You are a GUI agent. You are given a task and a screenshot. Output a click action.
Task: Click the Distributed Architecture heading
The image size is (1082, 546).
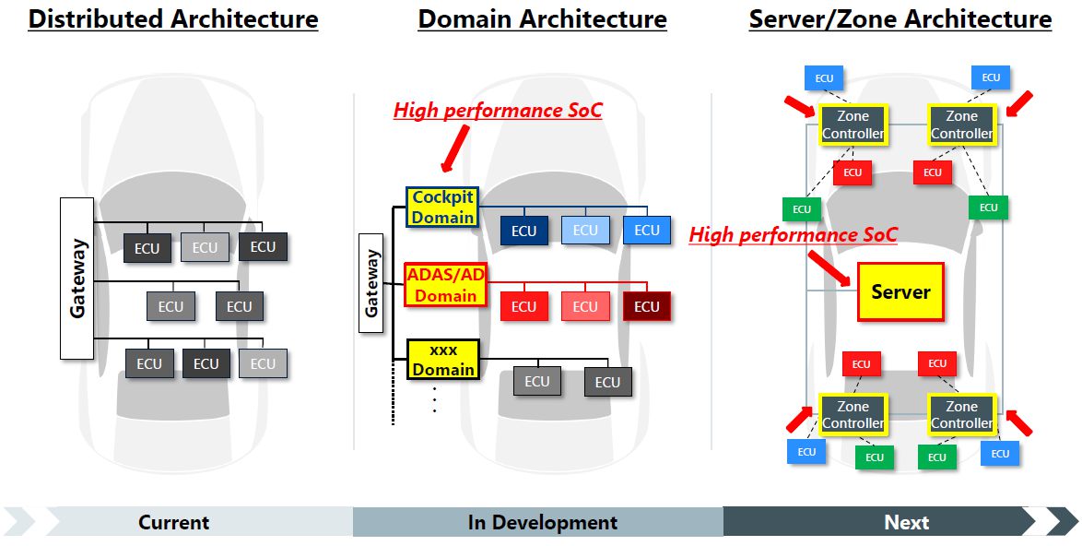173,19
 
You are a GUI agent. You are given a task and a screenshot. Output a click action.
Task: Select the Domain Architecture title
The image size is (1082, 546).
542,19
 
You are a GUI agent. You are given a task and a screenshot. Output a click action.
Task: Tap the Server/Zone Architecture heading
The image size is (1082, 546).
900,19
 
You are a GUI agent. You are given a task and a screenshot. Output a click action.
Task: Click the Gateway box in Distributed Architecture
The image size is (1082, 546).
76,278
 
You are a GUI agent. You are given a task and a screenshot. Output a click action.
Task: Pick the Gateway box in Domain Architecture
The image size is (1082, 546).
371,283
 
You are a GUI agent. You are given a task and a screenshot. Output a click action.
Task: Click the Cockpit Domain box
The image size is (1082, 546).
442,208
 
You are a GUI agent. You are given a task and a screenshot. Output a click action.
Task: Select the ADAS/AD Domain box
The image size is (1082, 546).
444,285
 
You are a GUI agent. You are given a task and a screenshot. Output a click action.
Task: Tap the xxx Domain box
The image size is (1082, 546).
443,360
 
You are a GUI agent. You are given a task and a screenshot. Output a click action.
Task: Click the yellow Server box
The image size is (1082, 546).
900,291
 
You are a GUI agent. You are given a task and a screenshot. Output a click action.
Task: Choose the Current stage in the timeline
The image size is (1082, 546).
173,522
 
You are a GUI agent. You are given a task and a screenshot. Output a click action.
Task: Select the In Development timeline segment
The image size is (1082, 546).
542,522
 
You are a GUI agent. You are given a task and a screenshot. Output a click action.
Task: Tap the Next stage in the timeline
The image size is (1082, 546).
906,522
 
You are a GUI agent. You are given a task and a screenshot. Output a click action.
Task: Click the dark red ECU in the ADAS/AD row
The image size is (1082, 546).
646,306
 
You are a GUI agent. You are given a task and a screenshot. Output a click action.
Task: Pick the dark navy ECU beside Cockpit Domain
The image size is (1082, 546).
523,231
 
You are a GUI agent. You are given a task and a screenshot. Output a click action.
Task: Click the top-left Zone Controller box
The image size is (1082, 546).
853,125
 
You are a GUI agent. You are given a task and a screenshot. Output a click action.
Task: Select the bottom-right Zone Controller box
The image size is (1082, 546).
961,415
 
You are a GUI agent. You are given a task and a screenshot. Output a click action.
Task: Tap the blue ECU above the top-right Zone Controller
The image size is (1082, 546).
991,77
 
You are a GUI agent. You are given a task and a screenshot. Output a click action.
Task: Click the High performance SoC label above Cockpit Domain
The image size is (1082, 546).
498,111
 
